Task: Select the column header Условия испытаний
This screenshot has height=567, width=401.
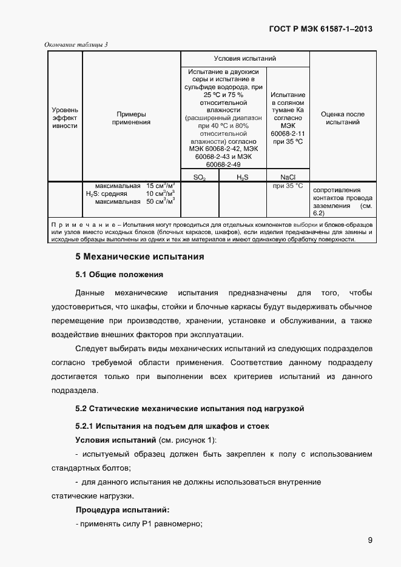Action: click(x=244, y=59)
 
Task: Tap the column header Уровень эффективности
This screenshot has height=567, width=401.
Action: click(x=65, y=118)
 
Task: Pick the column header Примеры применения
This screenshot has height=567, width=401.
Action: click(x=131, y=118)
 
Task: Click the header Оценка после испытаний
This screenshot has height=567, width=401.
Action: click(x=343, y=118)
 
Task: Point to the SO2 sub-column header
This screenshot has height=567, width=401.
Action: click(x=199, y=177)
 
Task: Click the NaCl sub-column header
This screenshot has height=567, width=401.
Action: click(x=288, y=177)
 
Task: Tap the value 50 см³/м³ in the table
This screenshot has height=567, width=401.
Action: click(x=161, y=201)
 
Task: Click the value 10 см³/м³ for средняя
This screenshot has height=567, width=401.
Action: click(x=161, y=193)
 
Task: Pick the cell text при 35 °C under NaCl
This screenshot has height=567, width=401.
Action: click(x=288, y=186)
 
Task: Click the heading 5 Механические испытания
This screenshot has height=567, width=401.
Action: click(x=139, y=257)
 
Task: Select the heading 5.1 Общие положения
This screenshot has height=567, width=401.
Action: click(x=119, y=275)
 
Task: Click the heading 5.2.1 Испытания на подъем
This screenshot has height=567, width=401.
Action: click(x=172, y=426)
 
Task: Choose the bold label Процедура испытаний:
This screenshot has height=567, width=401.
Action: click(x=122, y=510)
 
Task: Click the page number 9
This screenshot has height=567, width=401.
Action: click(x=369, y=540)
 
